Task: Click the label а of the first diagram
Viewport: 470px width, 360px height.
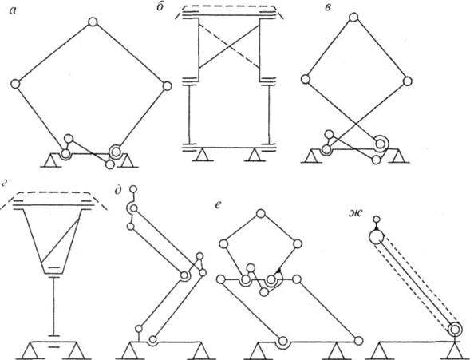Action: pos(13,11)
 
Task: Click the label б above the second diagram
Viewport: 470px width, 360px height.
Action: pos(160,8)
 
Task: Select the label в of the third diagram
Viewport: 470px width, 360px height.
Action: pos(328,8)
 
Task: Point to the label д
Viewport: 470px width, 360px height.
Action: pos(118,192)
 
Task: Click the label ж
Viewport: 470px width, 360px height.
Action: pos(356,213)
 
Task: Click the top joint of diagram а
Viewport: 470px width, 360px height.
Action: pos(93,22)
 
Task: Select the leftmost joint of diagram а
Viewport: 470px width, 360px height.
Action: pos(15,85)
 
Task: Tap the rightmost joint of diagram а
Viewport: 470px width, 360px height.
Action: pos(167,86)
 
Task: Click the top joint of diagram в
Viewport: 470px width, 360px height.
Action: pos(353,17)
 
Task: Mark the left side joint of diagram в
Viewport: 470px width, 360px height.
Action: pos(305,80)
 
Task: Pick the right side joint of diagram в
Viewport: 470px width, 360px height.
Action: pos(408,81)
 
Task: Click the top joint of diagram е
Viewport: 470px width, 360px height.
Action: pos(261,214)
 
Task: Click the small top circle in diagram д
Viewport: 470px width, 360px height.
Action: pos(133,189)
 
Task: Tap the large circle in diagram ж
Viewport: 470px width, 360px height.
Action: pos(376,237)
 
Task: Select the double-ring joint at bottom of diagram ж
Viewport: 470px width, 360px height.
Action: pos(455,330)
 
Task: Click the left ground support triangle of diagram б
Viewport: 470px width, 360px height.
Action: pos(203,155)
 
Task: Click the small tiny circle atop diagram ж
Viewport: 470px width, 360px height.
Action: pos(376,220)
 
